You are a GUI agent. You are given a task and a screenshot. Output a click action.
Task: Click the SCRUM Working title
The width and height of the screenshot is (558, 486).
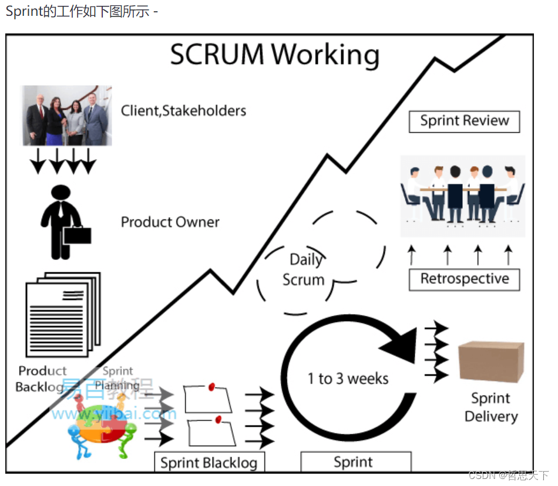[x=275, y=55]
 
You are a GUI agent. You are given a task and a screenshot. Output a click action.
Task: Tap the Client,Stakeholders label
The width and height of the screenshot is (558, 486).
[x=183, y=110]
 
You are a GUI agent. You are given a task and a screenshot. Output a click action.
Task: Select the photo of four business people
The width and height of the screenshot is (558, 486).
[x=67, y=116]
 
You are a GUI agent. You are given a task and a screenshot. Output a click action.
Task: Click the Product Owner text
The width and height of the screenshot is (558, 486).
[x=170, y=222]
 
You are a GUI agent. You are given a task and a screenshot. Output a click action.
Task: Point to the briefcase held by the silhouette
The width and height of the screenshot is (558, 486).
[x=77, y=235]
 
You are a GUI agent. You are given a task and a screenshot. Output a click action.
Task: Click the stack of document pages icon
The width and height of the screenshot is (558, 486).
[x=62, y=314]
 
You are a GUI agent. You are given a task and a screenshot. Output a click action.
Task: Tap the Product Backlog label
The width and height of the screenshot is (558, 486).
[x=42, y=379]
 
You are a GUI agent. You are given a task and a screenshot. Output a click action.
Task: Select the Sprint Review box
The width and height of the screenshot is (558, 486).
[x=464, y=121]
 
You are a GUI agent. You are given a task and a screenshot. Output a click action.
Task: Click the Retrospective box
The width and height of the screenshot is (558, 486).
[x=464, y=279]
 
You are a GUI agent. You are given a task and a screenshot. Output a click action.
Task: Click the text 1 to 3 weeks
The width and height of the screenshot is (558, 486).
[x=348, y=379]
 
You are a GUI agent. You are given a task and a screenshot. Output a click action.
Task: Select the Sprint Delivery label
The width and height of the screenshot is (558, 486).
[x=490, y=407]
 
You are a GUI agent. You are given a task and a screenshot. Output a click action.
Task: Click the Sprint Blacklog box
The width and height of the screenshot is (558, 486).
[x=209, y=462]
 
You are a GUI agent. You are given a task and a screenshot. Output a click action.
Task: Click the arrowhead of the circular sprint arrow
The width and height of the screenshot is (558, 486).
[x=402, y=344]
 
